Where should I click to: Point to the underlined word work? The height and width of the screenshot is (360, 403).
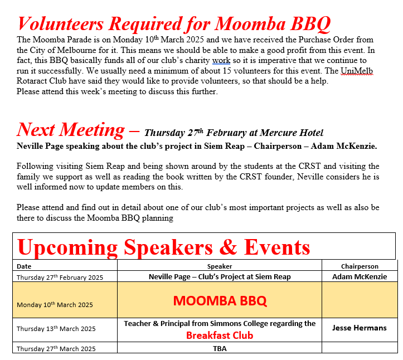(x=221, y=60)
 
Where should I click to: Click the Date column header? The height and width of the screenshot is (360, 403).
(x=24, y=266)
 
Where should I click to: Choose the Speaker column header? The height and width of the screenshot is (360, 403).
(x=219, y=266)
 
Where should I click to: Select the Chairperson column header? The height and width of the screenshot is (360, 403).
(x=359, y=266)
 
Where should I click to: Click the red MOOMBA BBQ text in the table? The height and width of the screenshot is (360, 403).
(x=220, y=301)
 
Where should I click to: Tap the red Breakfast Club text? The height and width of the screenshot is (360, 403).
(x=220, y=335)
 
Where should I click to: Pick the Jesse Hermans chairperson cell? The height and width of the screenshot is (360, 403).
(x=359, y=328)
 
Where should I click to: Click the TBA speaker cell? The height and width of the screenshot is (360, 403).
(x=220, y=349)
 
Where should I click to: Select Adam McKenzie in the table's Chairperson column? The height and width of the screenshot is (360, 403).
(x=359, y=276)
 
